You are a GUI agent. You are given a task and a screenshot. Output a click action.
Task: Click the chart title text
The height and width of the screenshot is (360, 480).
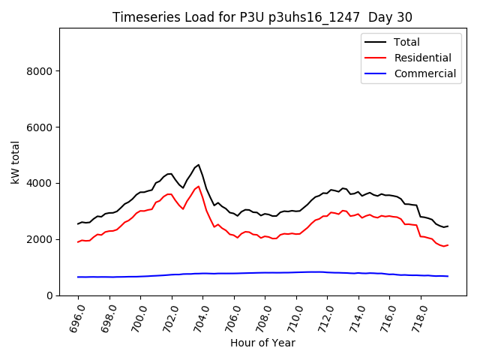[x=262, y=17]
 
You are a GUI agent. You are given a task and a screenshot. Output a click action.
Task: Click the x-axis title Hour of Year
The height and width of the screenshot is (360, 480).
[x=262, y=343]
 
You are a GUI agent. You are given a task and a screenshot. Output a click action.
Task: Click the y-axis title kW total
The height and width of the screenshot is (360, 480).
[x=15, y=161]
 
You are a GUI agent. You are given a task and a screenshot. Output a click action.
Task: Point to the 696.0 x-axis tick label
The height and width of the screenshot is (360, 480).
[x=76, y=316]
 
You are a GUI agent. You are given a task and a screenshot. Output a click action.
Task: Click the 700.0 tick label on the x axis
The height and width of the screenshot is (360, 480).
[x=138, y=316]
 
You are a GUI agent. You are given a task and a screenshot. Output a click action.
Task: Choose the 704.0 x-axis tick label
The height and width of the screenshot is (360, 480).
[x=200, y=316]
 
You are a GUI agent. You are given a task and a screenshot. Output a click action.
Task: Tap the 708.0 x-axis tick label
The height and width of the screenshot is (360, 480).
[x=262, y=316]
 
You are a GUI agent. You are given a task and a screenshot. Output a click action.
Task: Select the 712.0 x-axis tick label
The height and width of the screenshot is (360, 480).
[x=325, y=316]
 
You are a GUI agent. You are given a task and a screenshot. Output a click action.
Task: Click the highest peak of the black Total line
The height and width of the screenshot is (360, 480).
[x=198, y=164]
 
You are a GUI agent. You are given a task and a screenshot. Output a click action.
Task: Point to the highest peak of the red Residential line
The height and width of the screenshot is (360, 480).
[x=198, y=186]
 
